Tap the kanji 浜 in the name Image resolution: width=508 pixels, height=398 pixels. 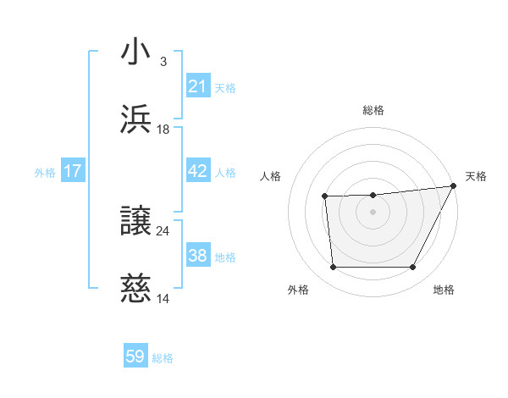136,119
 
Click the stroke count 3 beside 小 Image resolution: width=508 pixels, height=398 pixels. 163,61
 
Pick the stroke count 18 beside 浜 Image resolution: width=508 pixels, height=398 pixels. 163,129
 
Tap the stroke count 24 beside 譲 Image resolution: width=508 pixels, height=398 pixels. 163,230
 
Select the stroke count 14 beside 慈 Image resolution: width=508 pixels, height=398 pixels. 163,298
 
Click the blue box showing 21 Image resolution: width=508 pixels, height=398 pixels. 198,86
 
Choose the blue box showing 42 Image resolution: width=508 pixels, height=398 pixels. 198,171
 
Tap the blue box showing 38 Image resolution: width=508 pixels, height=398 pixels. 198,256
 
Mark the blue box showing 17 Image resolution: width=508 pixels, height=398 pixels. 73,171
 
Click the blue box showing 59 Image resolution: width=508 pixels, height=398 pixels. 135,357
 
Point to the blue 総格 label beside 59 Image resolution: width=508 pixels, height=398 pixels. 163,358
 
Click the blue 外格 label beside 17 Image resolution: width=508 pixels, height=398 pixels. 45,172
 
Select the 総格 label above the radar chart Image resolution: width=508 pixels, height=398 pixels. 373,110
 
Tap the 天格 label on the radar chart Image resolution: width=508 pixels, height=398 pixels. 476,176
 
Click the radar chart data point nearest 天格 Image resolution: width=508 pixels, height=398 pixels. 454,186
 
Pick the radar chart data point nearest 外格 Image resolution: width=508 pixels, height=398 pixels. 333,268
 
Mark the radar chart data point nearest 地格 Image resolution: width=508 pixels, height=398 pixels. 413,268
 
